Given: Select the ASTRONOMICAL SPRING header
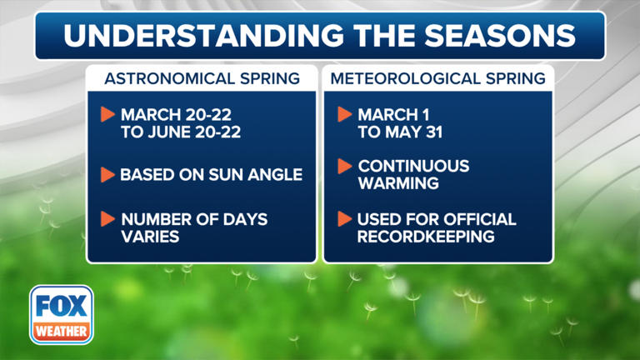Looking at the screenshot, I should [202, 79].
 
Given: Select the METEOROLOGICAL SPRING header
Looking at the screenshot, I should [438, 79].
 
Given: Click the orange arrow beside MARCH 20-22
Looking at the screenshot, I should [107, 114].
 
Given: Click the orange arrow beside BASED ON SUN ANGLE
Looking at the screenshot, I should [107, 176].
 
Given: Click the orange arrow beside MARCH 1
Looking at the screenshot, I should [343, 114].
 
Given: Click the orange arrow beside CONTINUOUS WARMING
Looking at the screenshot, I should [343, 167].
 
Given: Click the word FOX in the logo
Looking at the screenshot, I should [62, 306].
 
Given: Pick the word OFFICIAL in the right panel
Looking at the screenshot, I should [477, 220].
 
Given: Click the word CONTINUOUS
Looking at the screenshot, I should [414, 167].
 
